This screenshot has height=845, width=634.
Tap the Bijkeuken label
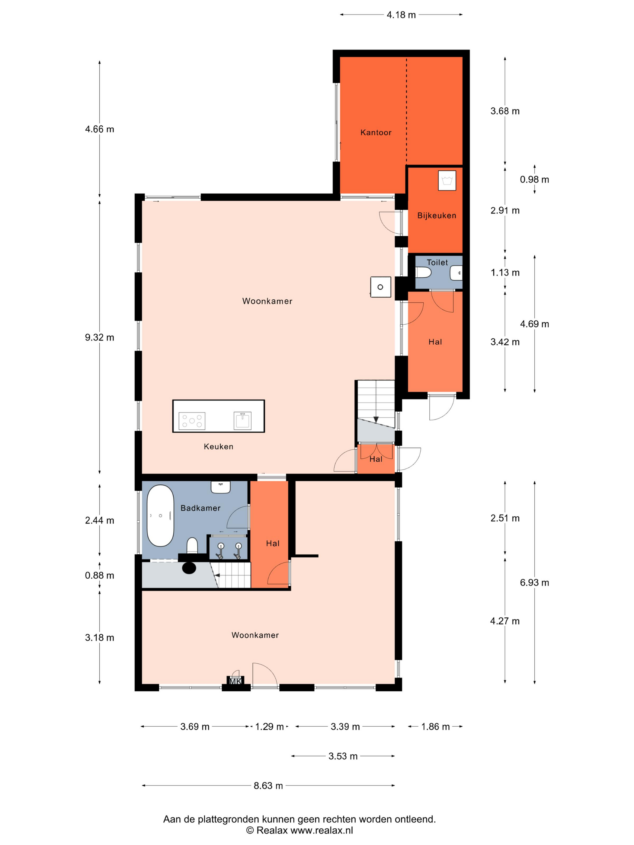(x=437, y=215)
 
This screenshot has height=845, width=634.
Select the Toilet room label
(x=437, y=263)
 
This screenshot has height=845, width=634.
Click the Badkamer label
(x=201, y=508)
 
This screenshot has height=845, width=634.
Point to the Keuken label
(x=218, y=447)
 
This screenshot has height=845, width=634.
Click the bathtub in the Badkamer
(x=161, y=516)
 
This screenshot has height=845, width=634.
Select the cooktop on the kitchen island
(x=192, y=421)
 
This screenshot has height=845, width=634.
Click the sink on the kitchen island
(x=242, y=421)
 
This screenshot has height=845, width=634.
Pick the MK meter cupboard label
(x=235, y=681)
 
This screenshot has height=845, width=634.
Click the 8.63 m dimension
(x=268, y=786)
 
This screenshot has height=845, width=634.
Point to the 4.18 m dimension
(x=401, y=15)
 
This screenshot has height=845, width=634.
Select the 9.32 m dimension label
(x=99, y=337)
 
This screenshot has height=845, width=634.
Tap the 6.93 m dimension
(x=534, y=582)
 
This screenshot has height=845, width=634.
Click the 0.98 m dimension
(x=534, y=180)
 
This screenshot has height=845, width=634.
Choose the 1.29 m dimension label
(x=269, y=727)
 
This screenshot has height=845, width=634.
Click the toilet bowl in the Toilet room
(x=424, y=273)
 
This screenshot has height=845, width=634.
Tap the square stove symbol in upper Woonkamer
(x=381, y=287)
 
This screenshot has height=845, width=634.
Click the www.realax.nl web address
(x=322, y=830)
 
